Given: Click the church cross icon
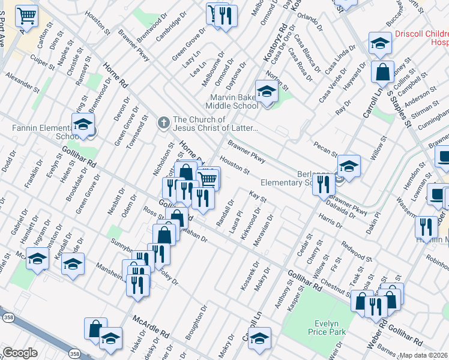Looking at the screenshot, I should coord(163,123).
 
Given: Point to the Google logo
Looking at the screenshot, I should coord(20,353).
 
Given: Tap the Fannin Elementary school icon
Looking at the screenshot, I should coord(83,124).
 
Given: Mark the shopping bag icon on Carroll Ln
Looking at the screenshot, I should coord(382,73).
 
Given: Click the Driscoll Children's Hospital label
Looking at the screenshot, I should coord(421,38).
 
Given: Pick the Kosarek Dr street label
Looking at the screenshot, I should coord(250,276).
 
